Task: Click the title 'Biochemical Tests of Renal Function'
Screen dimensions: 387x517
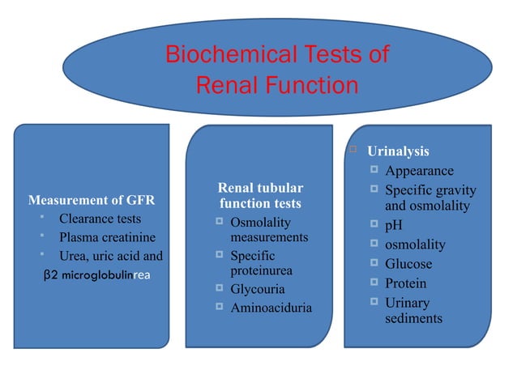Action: (276, 70)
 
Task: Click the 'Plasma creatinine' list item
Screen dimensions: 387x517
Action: (108, 238)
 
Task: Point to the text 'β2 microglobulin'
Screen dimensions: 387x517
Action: (83, 274)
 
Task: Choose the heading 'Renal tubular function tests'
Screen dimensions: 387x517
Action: (260, 195)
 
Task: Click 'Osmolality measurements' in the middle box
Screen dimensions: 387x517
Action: (269, 230)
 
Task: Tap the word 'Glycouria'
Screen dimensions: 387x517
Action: (258, 289)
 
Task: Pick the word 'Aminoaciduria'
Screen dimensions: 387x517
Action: (271, 308)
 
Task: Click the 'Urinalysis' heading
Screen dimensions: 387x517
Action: (398, 151)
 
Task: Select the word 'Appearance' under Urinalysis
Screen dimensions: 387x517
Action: (419, 171)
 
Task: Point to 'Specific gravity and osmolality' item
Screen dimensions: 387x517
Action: (429, 198)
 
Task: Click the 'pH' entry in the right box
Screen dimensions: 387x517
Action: (393, 226)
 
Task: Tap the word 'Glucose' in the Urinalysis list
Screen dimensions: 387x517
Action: (408, 264)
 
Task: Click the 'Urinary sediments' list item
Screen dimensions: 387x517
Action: (413, 310)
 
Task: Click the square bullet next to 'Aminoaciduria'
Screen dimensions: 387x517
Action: (219, 308)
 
